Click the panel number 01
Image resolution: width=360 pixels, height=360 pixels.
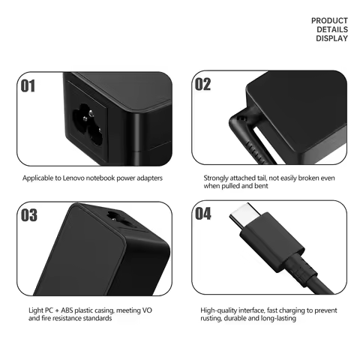(27, 85)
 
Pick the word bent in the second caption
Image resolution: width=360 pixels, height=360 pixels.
(266, 187)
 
